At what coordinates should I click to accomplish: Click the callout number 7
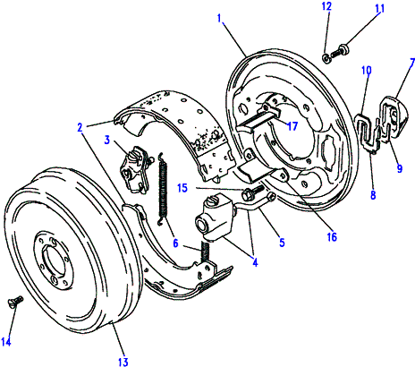[x=410, y=62]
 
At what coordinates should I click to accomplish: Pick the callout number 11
[x=378, y=11]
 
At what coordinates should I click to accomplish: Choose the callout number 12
[x=327, y=6]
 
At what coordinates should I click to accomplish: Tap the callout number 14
[x=8, y=340]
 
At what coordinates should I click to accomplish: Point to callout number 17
[x=291, y=126]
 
